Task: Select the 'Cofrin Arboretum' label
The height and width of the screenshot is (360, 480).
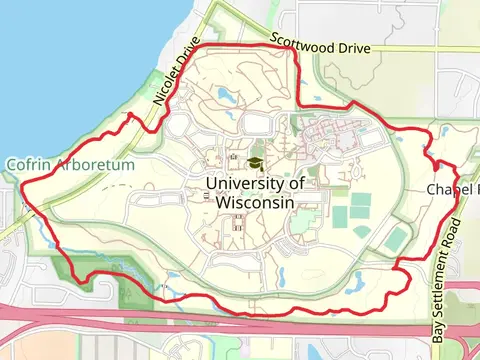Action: click(69, 164)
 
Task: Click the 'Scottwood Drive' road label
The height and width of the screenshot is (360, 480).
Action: click(321, 44)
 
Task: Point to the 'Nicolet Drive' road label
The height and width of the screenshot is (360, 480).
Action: click(171, 81)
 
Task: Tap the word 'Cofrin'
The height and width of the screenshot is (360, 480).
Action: click(28, 164)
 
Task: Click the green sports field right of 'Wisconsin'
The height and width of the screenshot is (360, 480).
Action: click(342, 215)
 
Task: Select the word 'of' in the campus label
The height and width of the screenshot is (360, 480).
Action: click(295, 183)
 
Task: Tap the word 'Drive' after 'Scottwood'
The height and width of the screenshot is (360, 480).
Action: click(355, 47)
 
